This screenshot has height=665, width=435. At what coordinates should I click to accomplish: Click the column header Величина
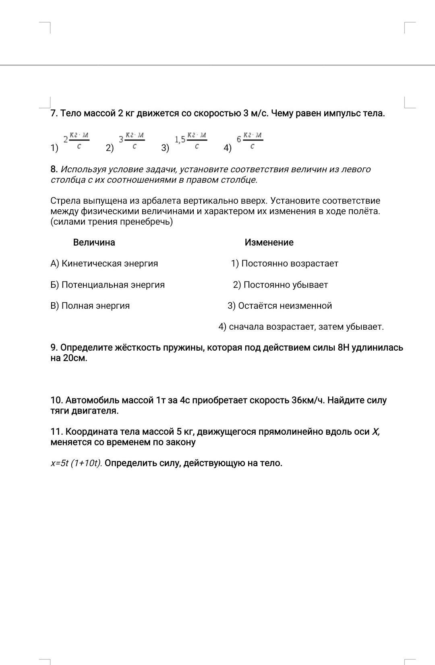click(x=94, y=242)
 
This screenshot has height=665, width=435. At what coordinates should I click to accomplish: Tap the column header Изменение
click(x=269, y=242)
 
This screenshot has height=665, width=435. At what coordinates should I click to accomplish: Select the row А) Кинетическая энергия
click(x=104, y=264)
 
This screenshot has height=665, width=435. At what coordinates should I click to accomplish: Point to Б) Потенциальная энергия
click(x=108, y=285)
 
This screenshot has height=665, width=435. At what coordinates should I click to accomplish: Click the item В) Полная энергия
click(x=90, y=306)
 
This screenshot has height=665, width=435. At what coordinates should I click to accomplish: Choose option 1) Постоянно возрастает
click(x=285, y=264)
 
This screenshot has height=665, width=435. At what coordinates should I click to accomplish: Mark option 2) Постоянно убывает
click(x=281, y=285)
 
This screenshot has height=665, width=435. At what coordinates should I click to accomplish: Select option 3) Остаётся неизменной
click(x=280, y=306)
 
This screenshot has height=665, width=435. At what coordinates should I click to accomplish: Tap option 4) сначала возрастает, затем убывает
click(x=301, y=327)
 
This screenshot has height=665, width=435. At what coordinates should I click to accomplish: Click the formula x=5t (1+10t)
click(x=76, y=463)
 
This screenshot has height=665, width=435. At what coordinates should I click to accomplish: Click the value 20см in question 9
click(x=75, y=358)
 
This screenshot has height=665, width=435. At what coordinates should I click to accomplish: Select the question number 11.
click(x=56, y=432)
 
